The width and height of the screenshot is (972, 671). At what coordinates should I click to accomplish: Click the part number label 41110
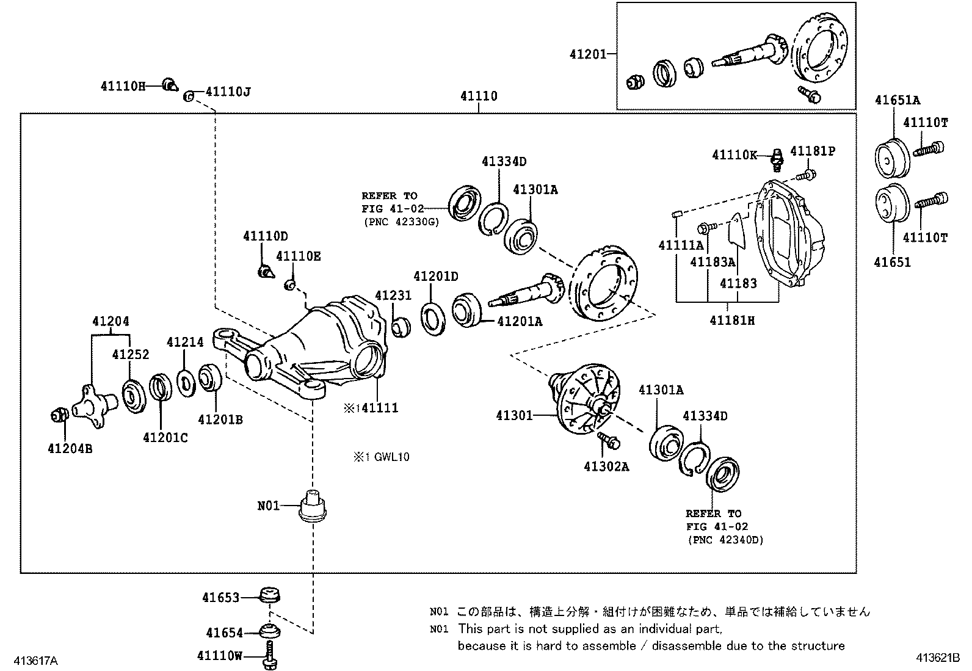[479, 96]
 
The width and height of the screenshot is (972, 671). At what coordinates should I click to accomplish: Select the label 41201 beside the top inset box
[588, 54]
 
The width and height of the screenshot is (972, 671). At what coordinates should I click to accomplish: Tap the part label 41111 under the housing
[379, 408]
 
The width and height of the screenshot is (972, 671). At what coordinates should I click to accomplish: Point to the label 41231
[393, 296]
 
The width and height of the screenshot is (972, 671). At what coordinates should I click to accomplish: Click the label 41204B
[70, 449]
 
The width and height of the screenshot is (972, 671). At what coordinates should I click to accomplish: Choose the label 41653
[221, 597]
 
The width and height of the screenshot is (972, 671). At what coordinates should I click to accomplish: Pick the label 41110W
[220, 656]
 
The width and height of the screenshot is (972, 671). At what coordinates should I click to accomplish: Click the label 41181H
[732, 320]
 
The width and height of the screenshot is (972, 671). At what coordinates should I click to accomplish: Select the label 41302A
[606, 466]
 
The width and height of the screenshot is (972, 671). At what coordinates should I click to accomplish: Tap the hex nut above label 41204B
[59, 416]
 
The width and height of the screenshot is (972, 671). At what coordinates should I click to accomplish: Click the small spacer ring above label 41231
[401, 327]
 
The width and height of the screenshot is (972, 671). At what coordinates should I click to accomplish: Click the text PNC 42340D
[725, 540]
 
